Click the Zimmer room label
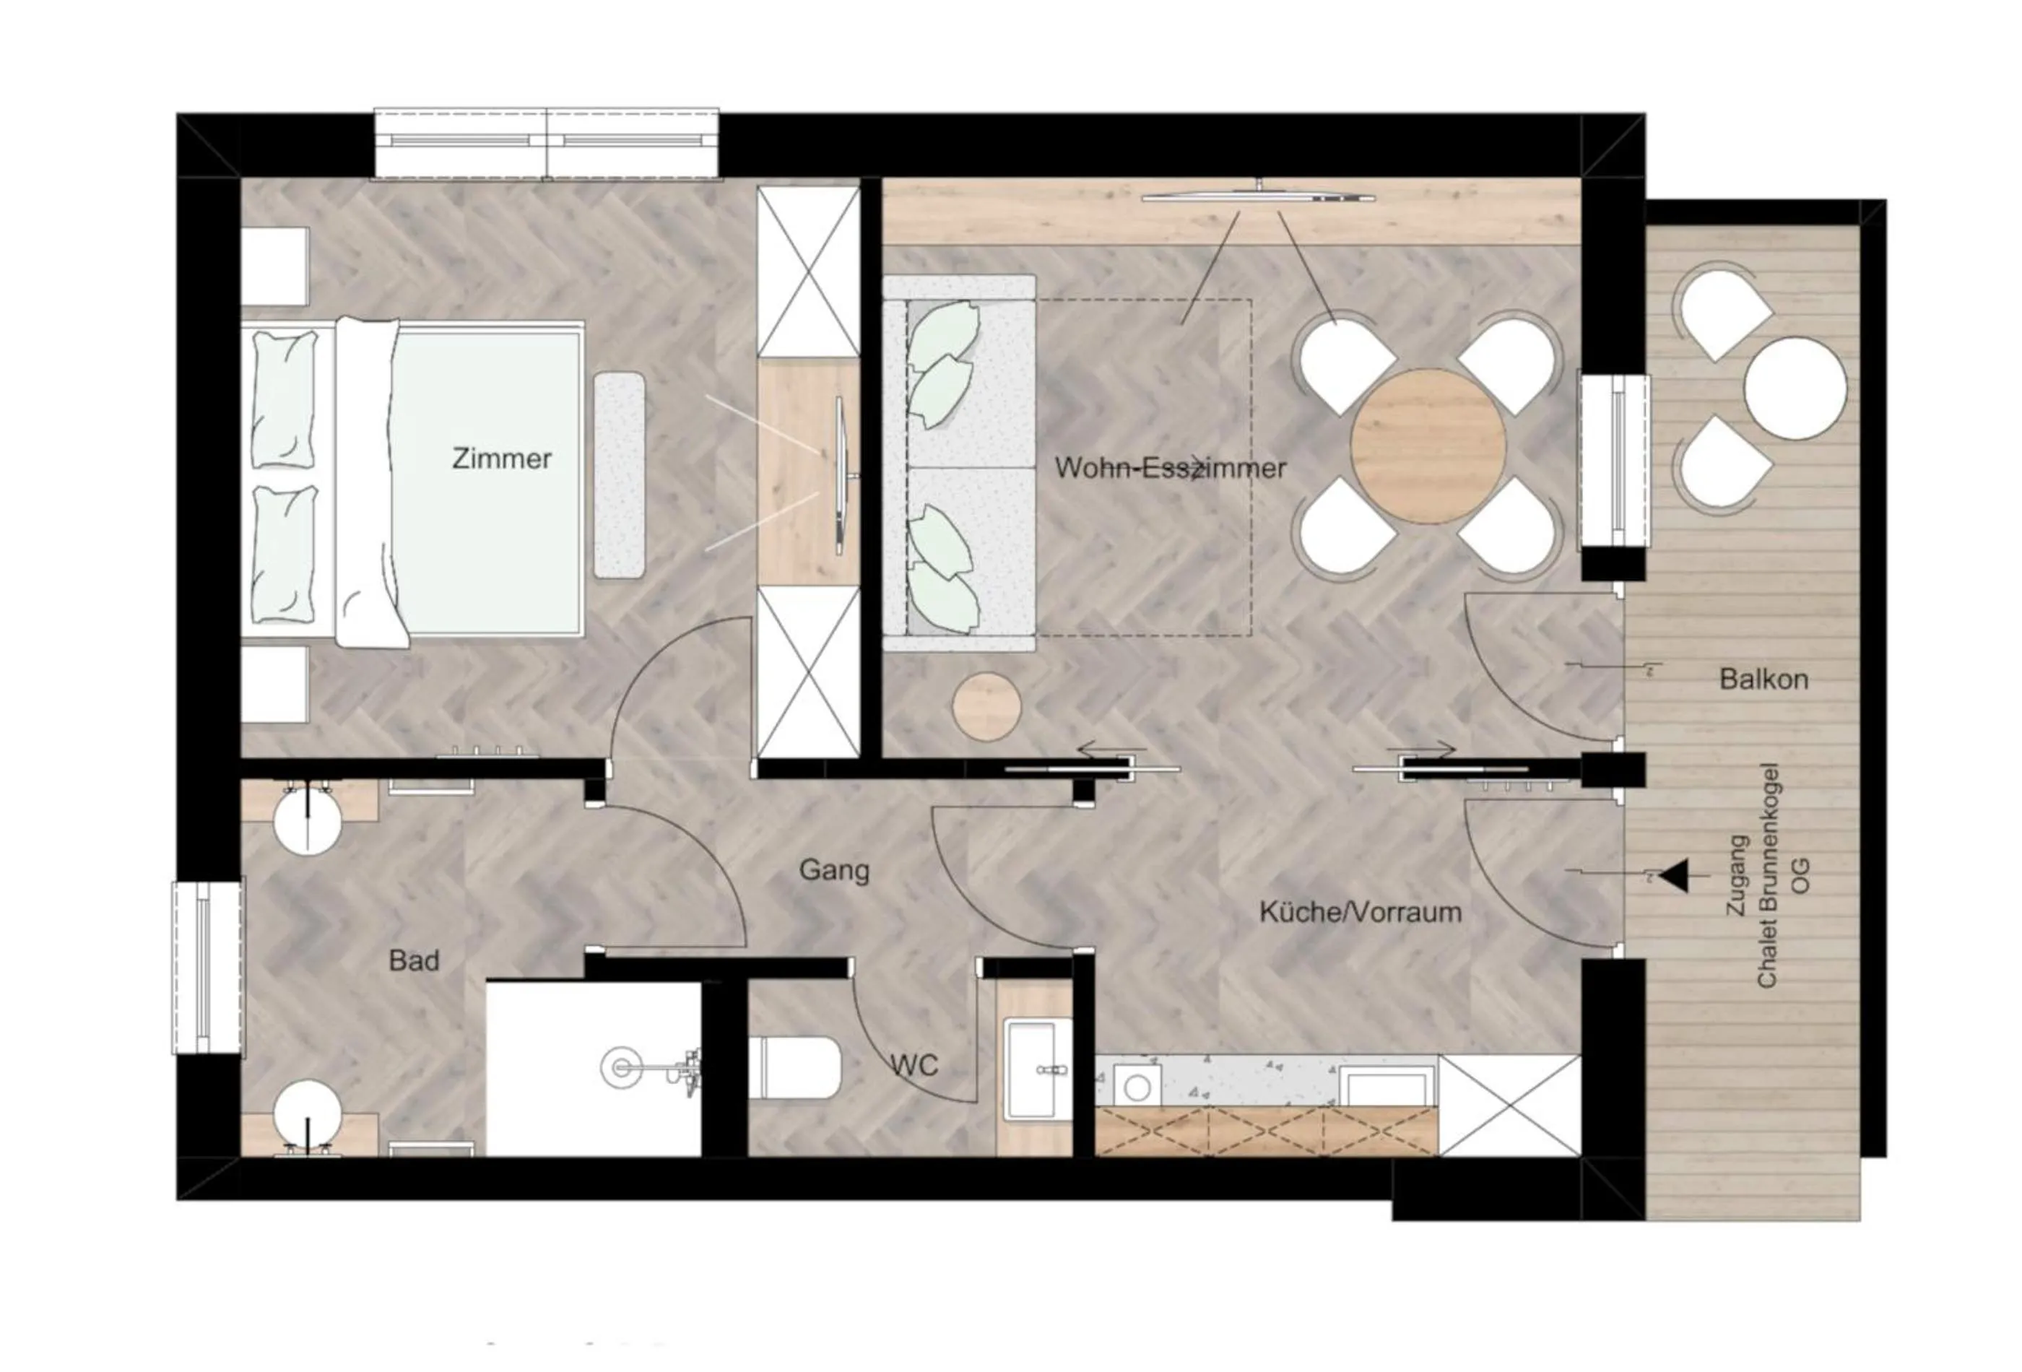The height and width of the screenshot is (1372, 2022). (501, 459)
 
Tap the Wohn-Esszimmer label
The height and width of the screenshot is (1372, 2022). (1170, 468)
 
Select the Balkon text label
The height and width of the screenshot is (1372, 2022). (1763, 680)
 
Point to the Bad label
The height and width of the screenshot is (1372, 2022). (414, 960)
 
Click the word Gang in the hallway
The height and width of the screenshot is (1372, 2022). (833, 870)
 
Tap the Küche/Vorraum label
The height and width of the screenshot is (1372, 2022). (1361, 912)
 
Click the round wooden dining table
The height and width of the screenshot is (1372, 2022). (1428, 446)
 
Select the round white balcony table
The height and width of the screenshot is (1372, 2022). (1795, 388)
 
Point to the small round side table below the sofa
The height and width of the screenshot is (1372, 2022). (986, 706)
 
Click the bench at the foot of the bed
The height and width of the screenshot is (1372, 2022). (620, 475)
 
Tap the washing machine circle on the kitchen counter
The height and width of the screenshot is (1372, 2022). (1137, 1087)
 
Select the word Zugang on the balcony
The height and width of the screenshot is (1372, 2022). (1737, 875)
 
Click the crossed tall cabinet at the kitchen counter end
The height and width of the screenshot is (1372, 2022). (1509, 1106)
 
